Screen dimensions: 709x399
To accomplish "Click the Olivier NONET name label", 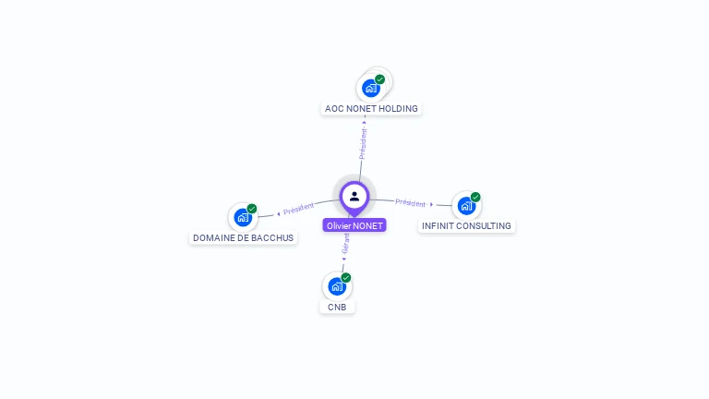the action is pos(354,225).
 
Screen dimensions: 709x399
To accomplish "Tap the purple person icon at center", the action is pos(354,196).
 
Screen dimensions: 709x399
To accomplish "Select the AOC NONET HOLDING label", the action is pos(371,108).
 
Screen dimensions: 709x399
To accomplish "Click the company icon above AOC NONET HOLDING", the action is pos(371,88).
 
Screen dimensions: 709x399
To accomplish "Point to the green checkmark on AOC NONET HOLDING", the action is pos(379,79).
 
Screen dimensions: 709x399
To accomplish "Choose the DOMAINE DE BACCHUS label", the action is pos(243,237).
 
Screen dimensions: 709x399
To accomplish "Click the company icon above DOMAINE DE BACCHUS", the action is pos(243,217).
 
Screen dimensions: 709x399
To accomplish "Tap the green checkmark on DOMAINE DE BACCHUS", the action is pos(251,209).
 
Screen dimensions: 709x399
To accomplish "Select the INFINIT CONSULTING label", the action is pos(466,225).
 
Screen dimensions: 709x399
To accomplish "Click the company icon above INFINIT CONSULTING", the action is pos(466,205).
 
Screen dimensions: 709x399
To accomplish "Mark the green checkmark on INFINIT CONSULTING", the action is pos(475,197).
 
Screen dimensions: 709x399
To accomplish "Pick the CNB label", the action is pos(337,307).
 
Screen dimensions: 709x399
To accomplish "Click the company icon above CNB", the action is pos(337,286).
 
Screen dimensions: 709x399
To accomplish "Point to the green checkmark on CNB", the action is pos(346,277).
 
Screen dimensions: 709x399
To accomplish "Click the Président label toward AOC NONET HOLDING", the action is pos(363,144).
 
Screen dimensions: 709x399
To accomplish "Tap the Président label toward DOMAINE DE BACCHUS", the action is pos(298,210).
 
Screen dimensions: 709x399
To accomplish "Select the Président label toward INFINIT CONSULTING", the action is pos(411,202).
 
